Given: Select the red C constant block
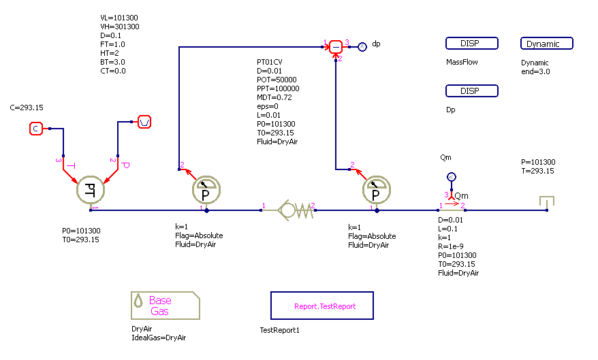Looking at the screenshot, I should coord(37,128).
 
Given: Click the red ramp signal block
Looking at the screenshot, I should coord(144,122).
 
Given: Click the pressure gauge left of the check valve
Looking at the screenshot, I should coord(204,191).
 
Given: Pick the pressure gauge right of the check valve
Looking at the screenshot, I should coord(376,191).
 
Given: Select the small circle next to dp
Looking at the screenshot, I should coord(362,46).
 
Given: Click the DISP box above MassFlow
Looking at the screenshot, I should coord(471,44).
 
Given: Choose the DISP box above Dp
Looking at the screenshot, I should coord(471,91).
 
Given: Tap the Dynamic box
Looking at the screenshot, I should coord(546,44).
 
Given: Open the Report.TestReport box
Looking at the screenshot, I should coord(324,306).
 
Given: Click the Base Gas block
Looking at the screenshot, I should coord(164,306).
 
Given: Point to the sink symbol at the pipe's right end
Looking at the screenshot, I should coord(546,203).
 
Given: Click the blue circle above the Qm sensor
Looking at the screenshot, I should coord(450,178).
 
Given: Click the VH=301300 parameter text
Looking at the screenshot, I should coord(119,27).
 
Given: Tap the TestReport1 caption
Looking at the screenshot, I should coord(279,331).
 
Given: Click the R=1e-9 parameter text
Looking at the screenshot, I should coord(454,246).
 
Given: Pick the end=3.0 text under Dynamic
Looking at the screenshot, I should coord(535,71).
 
